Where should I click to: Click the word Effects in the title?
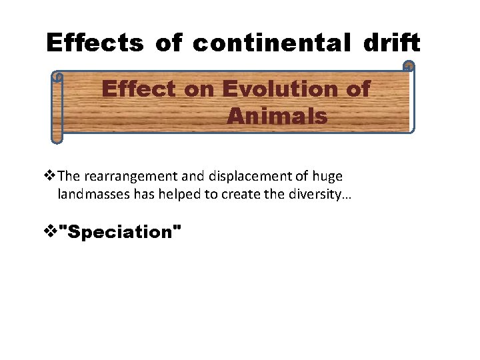[94, 43]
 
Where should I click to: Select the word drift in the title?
[392, 43]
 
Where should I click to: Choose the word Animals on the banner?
[277, 117]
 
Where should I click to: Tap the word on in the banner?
[198, 89]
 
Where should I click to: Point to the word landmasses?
[90, 195]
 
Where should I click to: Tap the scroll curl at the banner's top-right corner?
[409, 67]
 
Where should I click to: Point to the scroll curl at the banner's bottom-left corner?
[57, 138]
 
